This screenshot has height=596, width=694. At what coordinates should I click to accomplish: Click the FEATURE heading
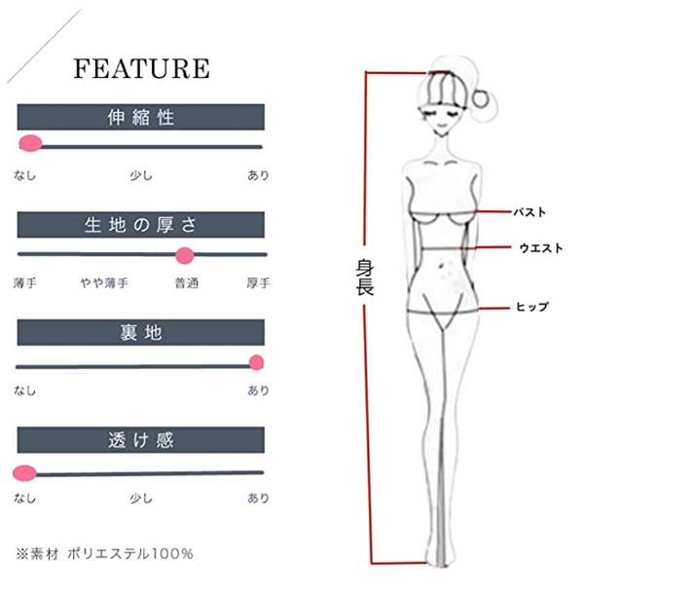click(141, 68)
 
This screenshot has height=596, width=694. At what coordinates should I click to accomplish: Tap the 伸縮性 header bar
click(141, 118)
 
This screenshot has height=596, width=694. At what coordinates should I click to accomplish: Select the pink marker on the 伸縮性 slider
click(30, 144)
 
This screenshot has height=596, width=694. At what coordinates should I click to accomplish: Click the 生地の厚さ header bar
click(141, 225)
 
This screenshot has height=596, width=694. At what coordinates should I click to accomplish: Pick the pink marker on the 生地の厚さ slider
click(184, 255)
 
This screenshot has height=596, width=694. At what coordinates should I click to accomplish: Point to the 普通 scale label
click(187, 283)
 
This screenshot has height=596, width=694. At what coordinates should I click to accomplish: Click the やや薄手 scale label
click(104, 283)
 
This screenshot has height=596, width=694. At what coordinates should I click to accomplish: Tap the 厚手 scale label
click(258, 283)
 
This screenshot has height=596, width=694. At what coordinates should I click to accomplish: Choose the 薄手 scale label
click(25, 283)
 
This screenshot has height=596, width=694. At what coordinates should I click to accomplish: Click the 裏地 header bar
click(141, 333)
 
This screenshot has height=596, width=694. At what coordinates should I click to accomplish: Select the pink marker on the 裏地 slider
click(257, 363)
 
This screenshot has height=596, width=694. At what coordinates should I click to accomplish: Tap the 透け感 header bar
click(141, 440)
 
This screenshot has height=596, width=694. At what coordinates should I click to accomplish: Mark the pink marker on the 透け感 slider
click(24, 473)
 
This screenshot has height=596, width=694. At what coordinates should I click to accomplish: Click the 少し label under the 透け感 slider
click(141, 499)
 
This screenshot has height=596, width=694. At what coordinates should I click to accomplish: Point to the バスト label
click(530, 211)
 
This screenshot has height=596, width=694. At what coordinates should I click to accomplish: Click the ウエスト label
click(540, 248)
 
